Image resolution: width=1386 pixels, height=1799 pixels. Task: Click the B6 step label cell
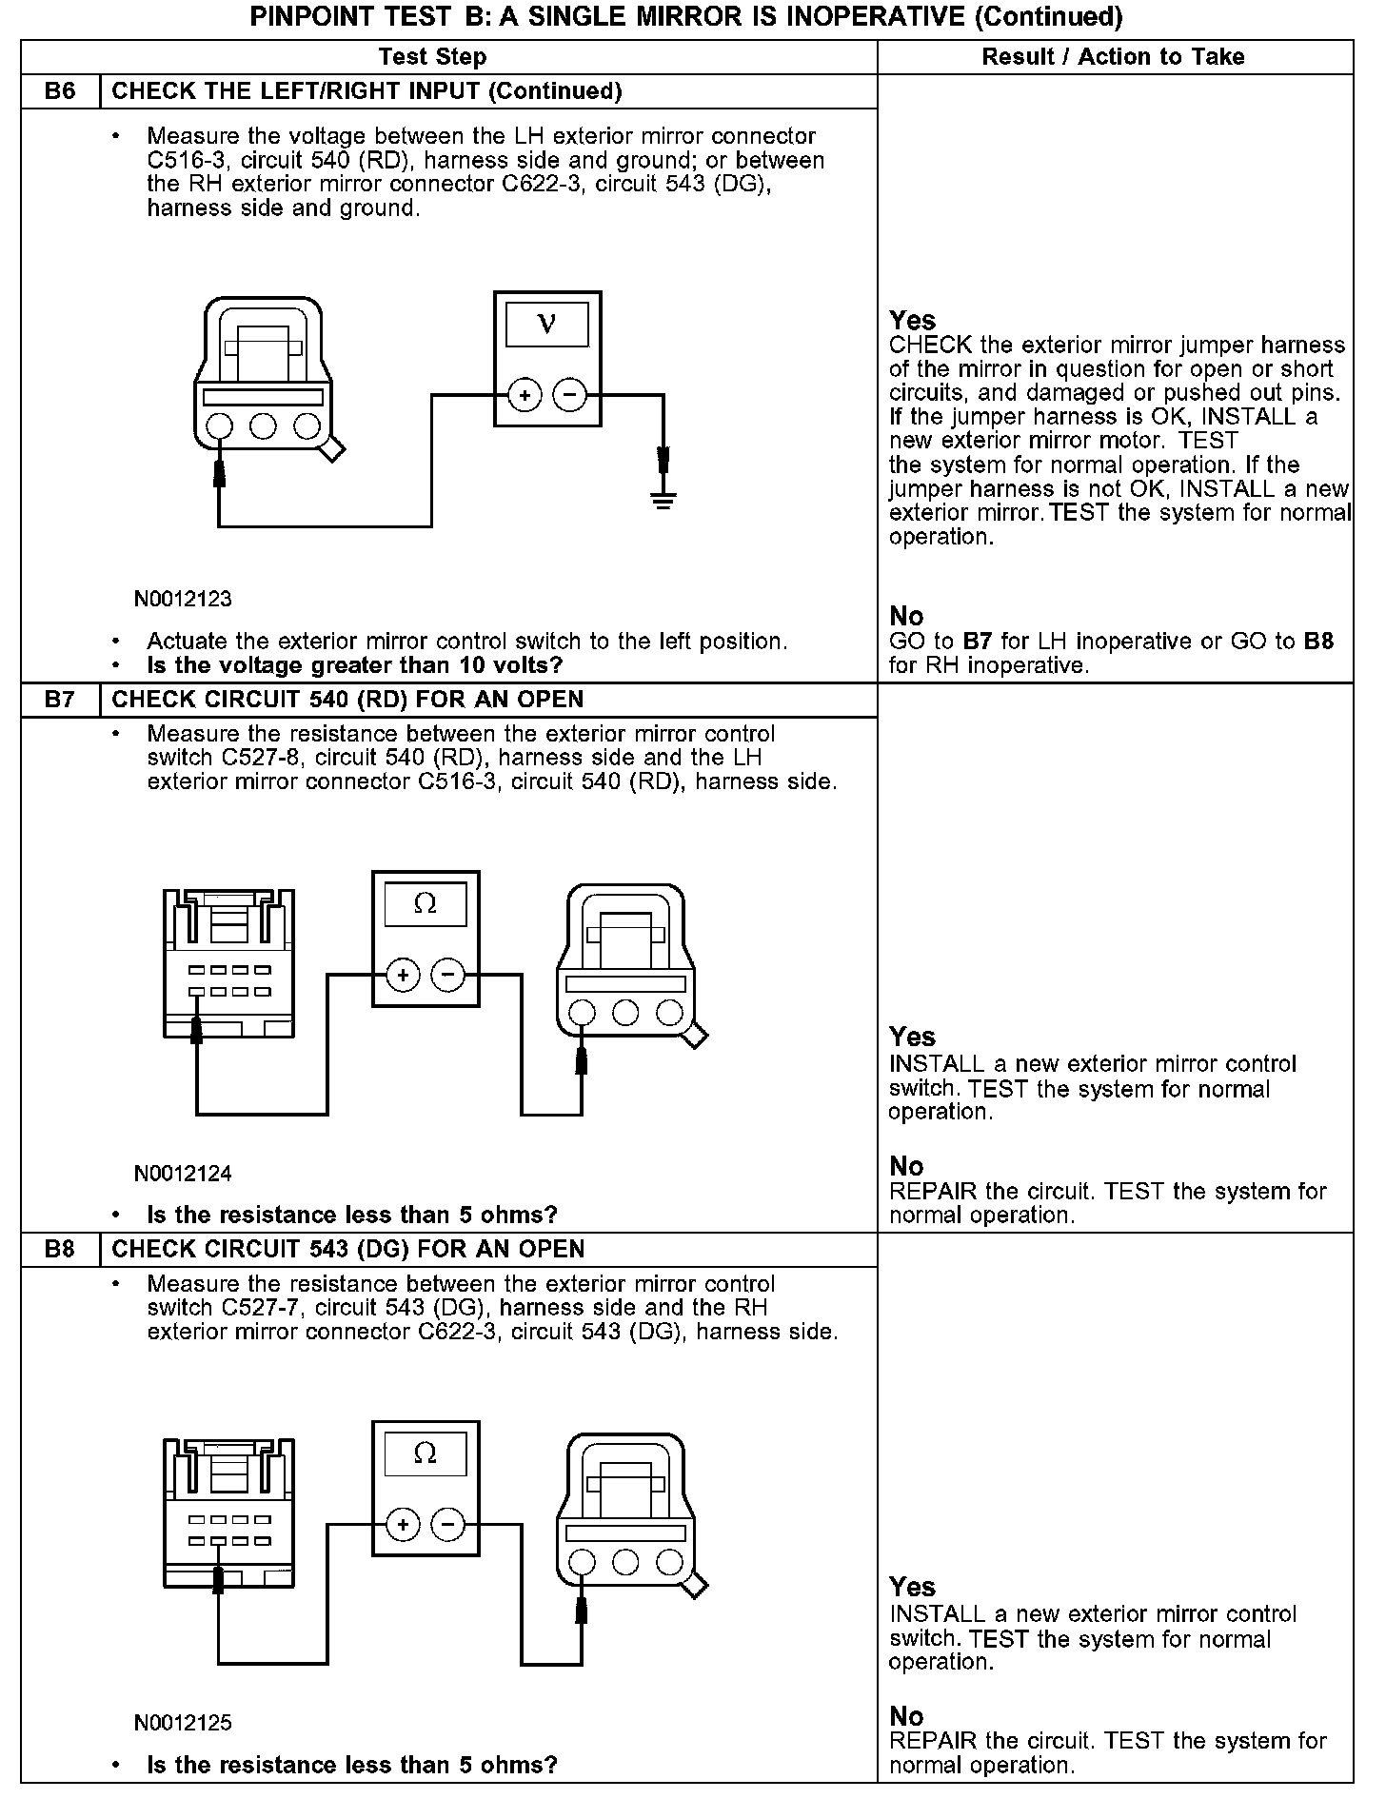(60, 91)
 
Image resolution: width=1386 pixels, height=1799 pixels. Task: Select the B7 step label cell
(60, 700)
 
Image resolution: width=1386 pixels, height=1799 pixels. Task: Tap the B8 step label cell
(60, 1249)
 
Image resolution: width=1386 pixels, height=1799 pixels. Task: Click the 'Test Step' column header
(432, 57)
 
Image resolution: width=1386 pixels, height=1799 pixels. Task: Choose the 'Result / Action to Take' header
(1113, 57)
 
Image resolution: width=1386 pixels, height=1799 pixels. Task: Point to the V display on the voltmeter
(546, 325)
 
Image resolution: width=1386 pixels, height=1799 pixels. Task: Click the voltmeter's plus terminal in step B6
(525, 394)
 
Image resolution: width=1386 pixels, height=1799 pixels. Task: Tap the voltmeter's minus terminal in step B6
(570, 394)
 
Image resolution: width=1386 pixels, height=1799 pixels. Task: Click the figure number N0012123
(183, 600)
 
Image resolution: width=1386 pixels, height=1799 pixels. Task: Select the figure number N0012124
(183, 1174)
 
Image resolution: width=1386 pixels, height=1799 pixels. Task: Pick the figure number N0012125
(183, 1723)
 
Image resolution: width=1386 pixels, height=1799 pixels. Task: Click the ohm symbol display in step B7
(426, 904)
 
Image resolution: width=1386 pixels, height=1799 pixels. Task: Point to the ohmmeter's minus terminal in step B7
(448, 975)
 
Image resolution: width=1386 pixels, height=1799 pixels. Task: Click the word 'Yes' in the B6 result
(912, 320)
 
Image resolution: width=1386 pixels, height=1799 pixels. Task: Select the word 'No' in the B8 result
(906, 1715)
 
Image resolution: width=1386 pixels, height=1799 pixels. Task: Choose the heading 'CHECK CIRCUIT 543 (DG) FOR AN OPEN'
(348, 1249)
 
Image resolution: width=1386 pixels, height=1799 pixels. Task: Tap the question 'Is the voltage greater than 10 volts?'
(354, 665)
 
